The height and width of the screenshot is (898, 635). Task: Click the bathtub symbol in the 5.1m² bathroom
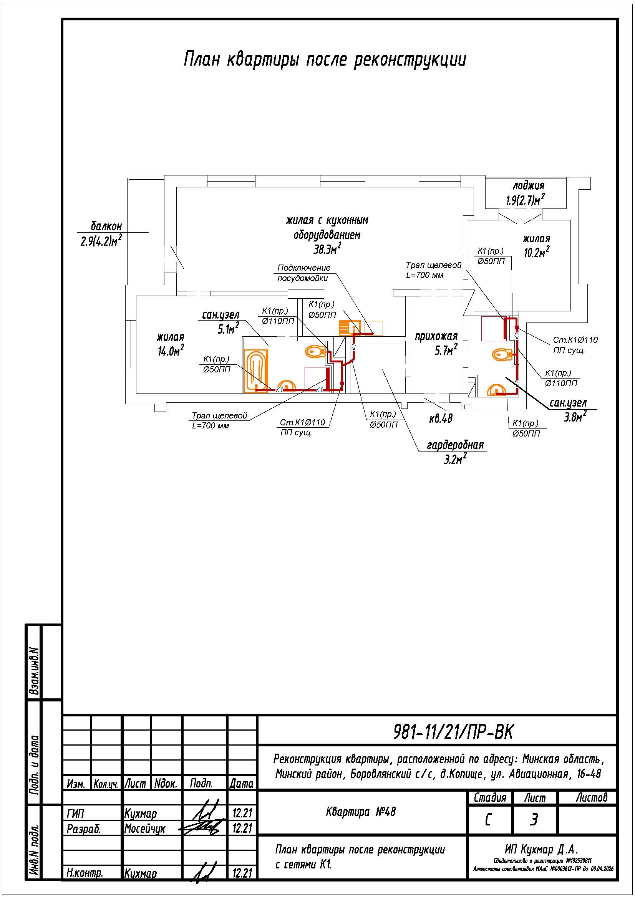pyautogui.click(x=256, y=370)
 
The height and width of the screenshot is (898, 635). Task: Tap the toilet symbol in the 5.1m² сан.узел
pyautogui.click(x=315, y=351)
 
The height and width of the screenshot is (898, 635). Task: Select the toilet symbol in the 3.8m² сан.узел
pyautogui.click(x=502, y=355)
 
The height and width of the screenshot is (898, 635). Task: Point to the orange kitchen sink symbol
pyautogui.click(x=350, y=328)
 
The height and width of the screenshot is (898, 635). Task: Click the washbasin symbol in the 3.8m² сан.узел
pyautogui.click(x=497, y=390)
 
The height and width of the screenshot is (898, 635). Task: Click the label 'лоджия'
pyautogui.click(x=528, y=185)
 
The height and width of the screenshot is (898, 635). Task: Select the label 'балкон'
pyautogui.click(x=106, y=226)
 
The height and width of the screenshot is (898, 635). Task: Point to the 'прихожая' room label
pyautogui.click(x=436, y=336)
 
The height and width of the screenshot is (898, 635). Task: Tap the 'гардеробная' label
pyautogui.click(x=455, y=445)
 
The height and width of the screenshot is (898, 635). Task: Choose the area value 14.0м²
pyautogui.click(x=171, y=351)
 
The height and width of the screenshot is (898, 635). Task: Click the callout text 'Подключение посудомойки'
pyautogui.click(x=303, y=273)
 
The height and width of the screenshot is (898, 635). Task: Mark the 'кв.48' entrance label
pyautogui.click(x=441, y=419)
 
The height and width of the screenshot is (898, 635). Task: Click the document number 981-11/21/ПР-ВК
pyautogui.click(x=453, y=732)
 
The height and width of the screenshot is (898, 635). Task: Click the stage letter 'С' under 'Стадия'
pyautogui.click(x=488, y=819)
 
